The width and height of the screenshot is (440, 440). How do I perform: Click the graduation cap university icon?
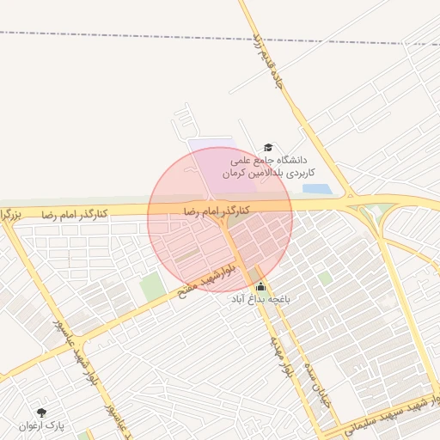point(267,148)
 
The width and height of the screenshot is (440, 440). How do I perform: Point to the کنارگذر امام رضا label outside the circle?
point(75,213)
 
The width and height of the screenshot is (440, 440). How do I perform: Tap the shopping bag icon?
point(261,287)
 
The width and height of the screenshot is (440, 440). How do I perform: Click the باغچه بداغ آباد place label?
point(261,300)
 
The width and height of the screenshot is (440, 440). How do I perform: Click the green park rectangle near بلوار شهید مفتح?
point(152,286)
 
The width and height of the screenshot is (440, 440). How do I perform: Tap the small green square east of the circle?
point(325,278)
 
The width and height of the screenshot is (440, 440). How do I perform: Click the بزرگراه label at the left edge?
point(9,213)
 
